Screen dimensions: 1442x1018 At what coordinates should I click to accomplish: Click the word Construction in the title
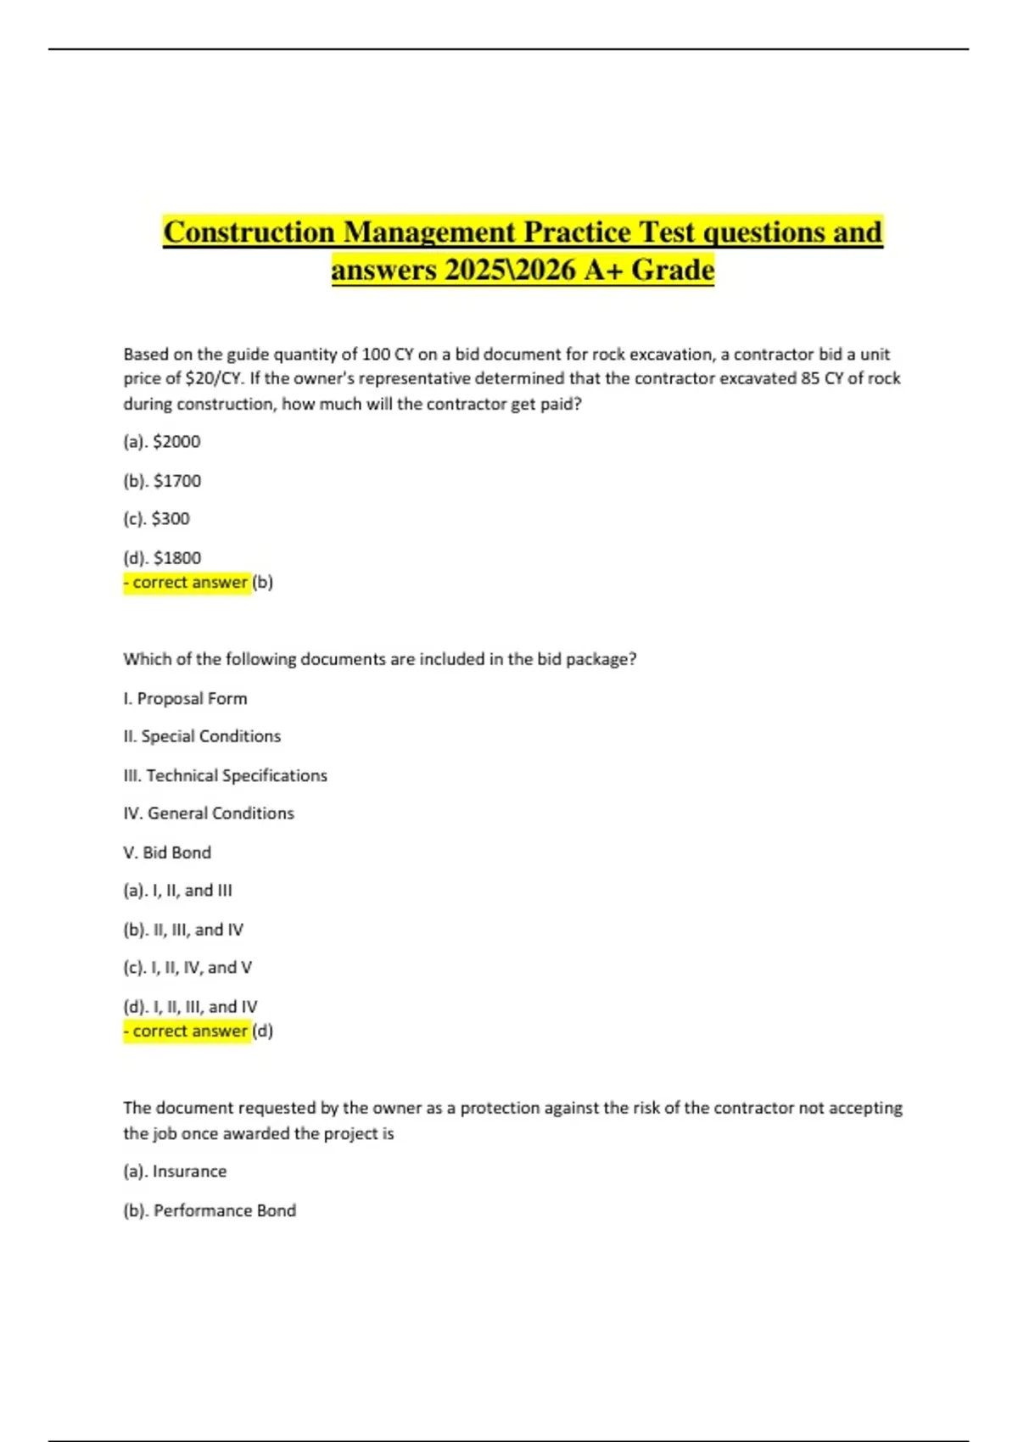pyautogui.click(x=249, y=232)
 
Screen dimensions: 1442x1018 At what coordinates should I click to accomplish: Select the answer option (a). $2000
pyautogui.click(x=162, y=442)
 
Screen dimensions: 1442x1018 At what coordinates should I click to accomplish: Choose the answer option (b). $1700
pyautogui.click(x=162, y=481)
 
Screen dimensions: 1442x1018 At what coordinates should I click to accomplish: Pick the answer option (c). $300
pyautogui.click(x=157, y=518)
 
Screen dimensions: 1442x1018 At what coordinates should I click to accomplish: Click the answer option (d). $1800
pyautogui.click(x=162, y=558)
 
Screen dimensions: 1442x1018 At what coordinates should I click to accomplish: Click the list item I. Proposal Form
pyautogui.click(x=186, y=699)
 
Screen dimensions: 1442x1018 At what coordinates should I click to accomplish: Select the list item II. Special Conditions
pyautogui.click(x=202, y=736)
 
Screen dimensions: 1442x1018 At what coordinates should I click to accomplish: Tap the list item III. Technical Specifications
pyautogui.click(x=225, y=775)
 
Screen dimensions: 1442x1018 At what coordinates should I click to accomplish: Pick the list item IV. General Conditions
pyautogui.click(x=209, y=813)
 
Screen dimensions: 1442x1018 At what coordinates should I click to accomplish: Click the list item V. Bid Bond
pyautogui.click(x=167, y=852)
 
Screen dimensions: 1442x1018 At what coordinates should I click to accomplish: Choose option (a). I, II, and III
pyautogui.click(x=177, y=891)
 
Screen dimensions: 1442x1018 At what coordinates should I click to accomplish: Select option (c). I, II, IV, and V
pyautogui.click(x=187, y=968)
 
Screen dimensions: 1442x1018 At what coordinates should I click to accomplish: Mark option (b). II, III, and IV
pyautogui.click(x=183, y=930)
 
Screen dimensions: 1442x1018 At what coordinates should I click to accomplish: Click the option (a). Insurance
pyautogui.click(x=175, y=1171)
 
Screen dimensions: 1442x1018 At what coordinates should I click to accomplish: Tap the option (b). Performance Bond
pyautogui.click(x=210, y=1210)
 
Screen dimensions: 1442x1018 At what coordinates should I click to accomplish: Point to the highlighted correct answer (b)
pyautogui.click(x=198, y=583)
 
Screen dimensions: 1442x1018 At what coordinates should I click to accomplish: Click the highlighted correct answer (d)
pyautogui.click(x=198, y=1031)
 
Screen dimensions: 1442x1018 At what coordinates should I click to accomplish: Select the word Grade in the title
pyautogui.click(x=674, y=271)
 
